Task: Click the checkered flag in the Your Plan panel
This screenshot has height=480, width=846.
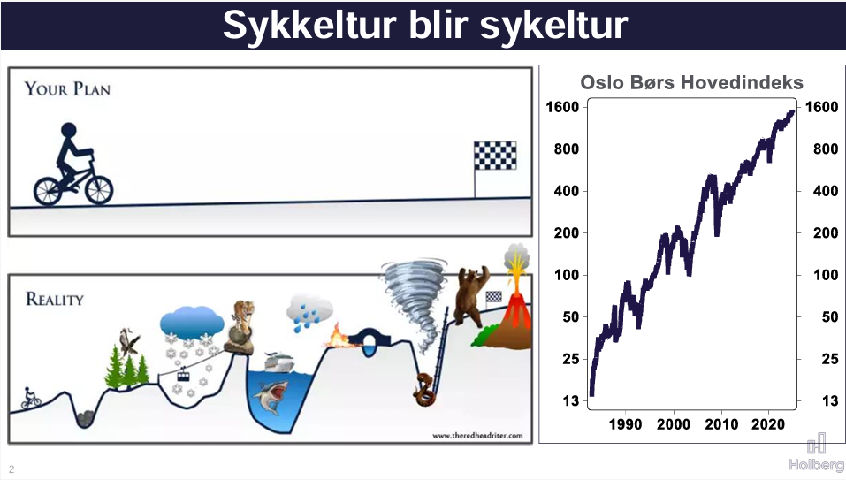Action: pyautogui.click(x=495, y=156)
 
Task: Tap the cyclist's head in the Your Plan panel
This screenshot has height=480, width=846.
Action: pyautogui.click(x=69, y=131)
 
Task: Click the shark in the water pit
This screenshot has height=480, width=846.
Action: pyautogui.click(x=271, y=397)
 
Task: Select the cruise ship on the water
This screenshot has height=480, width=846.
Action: pyautogui.click(x=279, y=362)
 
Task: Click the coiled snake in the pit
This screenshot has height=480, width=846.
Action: pyautogui.click(x=424, y=391)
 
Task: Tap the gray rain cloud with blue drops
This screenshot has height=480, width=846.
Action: pyautogui.click(x=309, y=312)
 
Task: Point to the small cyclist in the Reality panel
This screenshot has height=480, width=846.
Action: pyautogui.click(x=30, y=398)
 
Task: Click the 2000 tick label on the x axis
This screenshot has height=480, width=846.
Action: pyautogui.click(x=674, y=424)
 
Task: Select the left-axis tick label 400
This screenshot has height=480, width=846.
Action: pyautogui.click(x=566, y=191)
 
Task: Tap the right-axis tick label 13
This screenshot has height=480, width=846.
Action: pyautogui.click(x=830, y=400)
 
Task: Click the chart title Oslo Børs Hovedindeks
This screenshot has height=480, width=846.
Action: pyautogui.click(x=691, y=82)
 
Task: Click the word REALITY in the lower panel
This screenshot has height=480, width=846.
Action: pyautogui.click(x=55, y=299)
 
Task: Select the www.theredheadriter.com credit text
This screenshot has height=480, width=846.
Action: pyautogui.click(x=477, y=435)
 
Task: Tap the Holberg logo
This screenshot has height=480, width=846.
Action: pyautogui.click(x=816, y=453)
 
